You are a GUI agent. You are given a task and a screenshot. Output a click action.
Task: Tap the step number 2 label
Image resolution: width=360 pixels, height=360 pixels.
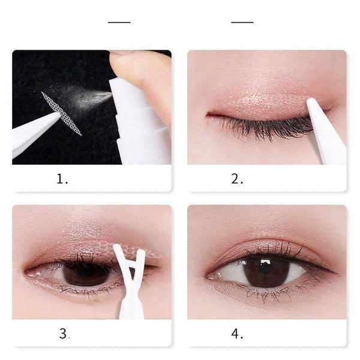coord(238,179)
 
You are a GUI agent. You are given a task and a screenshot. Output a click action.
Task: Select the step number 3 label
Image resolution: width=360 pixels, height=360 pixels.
coord(64,334)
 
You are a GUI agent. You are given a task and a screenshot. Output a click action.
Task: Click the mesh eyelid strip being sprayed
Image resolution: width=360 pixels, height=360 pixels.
coord(62,112)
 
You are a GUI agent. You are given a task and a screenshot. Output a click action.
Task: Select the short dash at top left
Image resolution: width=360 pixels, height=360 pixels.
coord(119,22)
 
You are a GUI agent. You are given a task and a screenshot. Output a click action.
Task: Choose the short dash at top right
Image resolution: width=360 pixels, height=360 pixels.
coord(242,22)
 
